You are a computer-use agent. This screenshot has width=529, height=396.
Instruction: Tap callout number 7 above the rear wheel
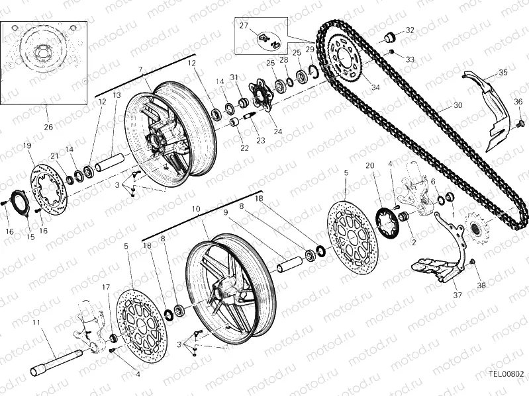(x=140, y=69)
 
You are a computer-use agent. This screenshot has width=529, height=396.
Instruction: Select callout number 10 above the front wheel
(x=196, y=209)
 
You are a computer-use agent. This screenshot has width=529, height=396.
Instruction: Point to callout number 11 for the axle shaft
(x=36, y=323)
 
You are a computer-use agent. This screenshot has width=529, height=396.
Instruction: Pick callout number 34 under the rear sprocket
(x=376, y=87)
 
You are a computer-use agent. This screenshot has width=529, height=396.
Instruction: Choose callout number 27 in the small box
(x=244, y=26)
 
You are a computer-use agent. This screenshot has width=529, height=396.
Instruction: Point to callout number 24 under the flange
(x=277, y=131)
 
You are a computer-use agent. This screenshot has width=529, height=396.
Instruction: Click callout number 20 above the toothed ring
(x=370, y=165)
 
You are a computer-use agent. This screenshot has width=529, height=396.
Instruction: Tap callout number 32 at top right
(x=410, y=30)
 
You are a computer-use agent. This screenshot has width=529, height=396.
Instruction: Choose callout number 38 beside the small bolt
(x=481, y=286)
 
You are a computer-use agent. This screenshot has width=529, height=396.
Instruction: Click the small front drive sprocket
(x=476, y=232)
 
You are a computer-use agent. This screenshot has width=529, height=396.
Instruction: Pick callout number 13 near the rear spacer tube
(x=117, y=95)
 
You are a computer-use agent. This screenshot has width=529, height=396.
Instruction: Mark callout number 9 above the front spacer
(x=225, y=213)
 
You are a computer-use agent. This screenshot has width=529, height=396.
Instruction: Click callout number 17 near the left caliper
(x=106, y=287)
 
